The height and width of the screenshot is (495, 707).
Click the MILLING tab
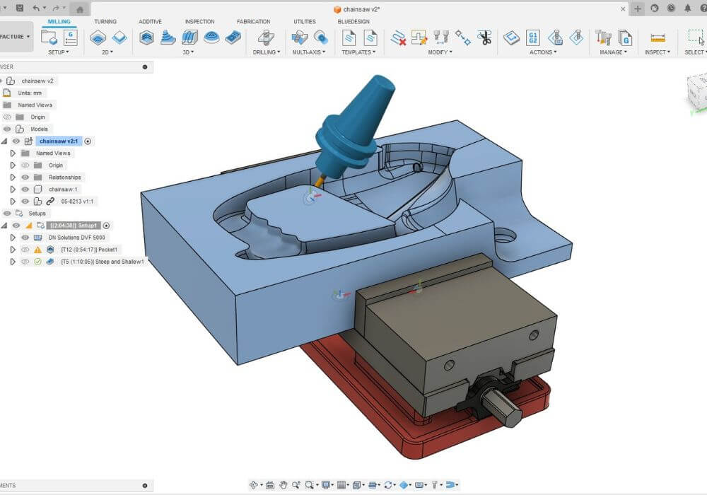[x=59, y=21]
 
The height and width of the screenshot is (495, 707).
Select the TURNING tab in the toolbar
[x=106, y=21]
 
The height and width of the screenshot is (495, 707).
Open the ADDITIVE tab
[x=150, y=21]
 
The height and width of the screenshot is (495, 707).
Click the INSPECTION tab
[x=199, y=21]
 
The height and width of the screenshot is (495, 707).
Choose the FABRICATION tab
[x=253, y=21]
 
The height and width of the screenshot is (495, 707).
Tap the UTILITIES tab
[x=304, y=21]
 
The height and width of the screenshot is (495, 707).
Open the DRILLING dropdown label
[x=266, y=52]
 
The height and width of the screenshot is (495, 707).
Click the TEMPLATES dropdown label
[x=358, y=52]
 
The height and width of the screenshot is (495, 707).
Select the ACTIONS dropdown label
[x=542, y=52]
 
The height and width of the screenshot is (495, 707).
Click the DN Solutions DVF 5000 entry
[x=76, y=238]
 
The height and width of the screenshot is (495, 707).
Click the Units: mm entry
[x=31, y=93]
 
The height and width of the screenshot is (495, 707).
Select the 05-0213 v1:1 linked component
[x=78, y=202]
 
